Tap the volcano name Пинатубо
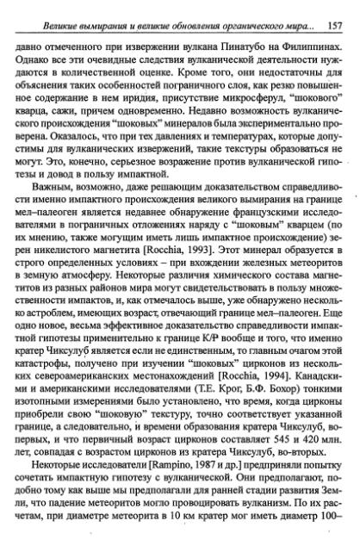coord(222,34)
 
